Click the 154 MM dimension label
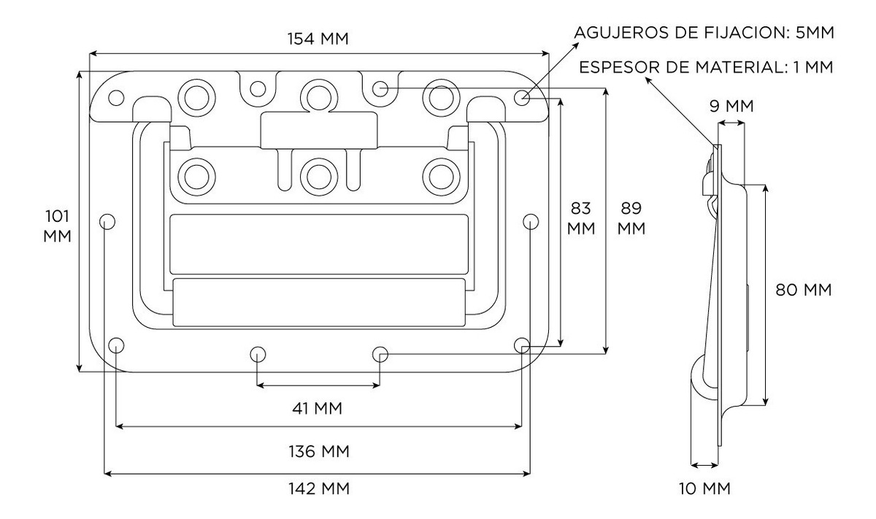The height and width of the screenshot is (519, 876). (x=318, y=39)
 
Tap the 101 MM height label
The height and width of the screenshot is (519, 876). (x=58, y=226)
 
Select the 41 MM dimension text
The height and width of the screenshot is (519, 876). (x=318, y=407)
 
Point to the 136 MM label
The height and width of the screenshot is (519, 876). (x=318, y=451)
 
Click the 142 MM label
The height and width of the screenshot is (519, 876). (x=318, y=488)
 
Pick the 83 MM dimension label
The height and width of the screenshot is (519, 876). (x=582, y=218)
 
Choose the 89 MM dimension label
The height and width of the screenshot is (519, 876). (x=631, y=218)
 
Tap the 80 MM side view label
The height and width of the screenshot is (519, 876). (x=803, y=290)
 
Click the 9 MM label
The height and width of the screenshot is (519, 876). (x=731, y=107)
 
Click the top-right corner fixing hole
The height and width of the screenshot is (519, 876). (x=522, y=97)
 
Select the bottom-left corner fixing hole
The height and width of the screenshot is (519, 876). (x=115, y=345)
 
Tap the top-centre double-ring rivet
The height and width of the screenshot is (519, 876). (x=318, y=94)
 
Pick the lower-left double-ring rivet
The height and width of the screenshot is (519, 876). (x=195, y=174)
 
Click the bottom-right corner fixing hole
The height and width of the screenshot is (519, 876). (x=521, y=345)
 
